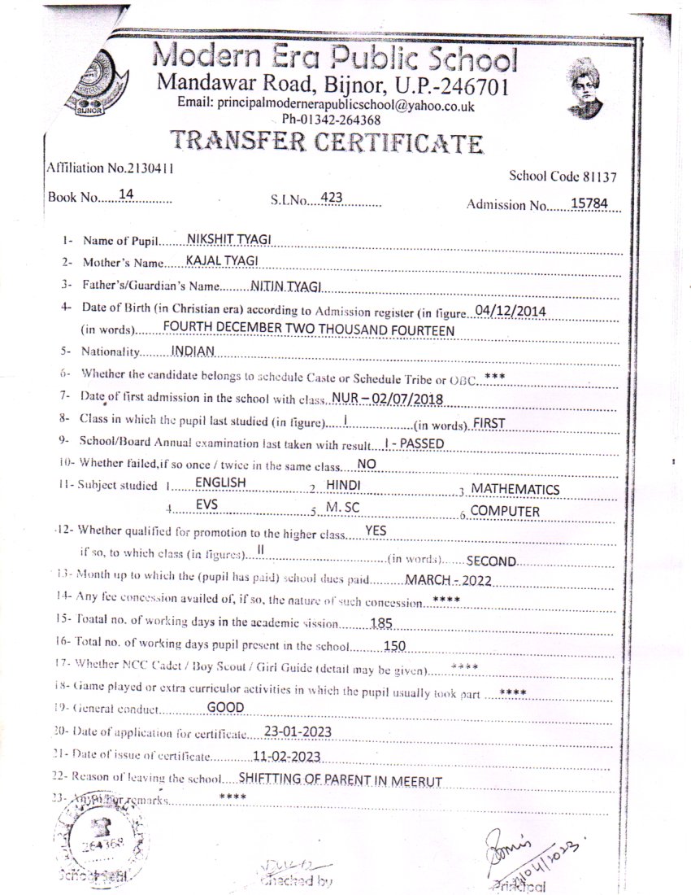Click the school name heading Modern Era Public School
(x=334, y=59)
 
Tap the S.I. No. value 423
(x=332, y=197)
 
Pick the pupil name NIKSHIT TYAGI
(x=229, y=238)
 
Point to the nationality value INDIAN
(x=193, y=351)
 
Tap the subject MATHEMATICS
(x=515, y=489)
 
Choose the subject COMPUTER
(x=505, y=511)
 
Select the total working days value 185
(x=381, y=624)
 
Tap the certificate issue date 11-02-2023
(x=286, y=755)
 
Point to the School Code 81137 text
(x=563, y=176)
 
